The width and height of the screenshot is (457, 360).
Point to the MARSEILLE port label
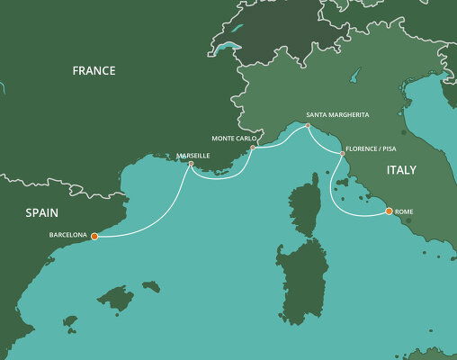pos(193,156)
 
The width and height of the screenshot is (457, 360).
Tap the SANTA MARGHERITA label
pos(337,115)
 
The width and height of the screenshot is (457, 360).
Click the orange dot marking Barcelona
pos(94,237)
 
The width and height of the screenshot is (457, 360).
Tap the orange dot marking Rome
pos(389,211)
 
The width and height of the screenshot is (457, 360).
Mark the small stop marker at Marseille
pos(191,164)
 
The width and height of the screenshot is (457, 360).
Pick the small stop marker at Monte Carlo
pos(254,148)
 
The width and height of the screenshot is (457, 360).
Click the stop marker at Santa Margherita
pos(308,126)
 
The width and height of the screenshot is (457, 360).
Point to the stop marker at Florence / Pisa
pos(342,154)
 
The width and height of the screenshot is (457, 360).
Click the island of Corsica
pos(309,207)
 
